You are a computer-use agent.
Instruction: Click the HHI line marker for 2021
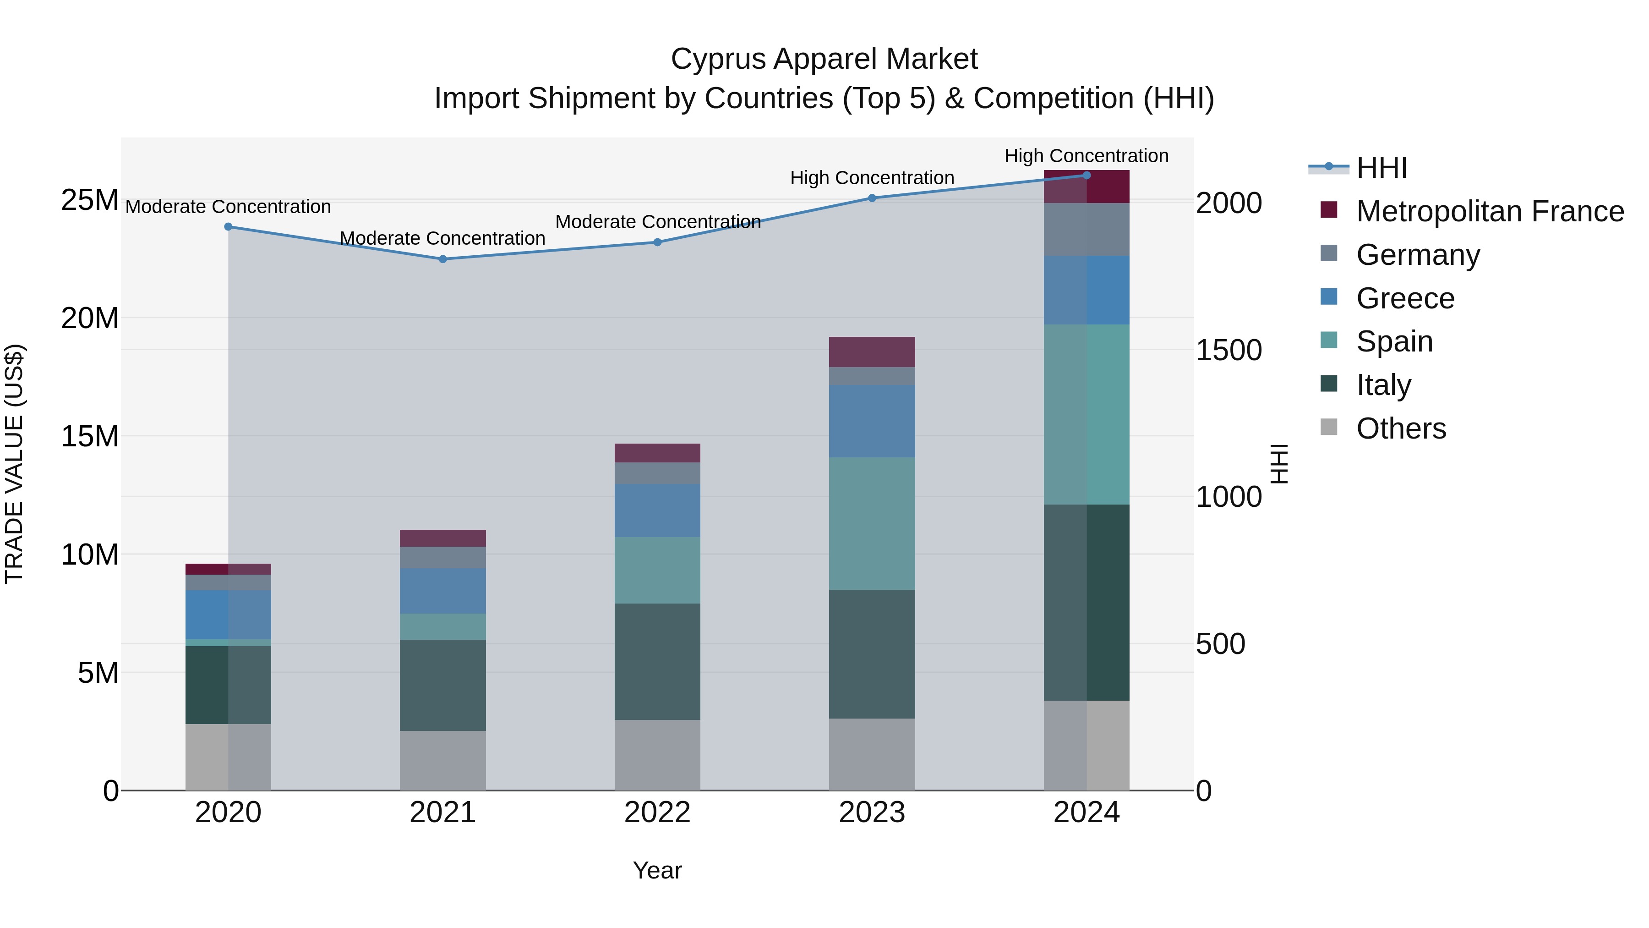(x=442, y=259)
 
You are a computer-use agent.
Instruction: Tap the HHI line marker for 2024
(x=1087, y=175)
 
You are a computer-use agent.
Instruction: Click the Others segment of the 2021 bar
(x=442, y=760)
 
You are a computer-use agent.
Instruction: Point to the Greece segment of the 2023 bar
(x=872, y=421)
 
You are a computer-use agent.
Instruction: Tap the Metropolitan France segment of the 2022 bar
(x=657, y=453)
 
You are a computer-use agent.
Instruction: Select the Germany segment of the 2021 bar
(x=442, y=557)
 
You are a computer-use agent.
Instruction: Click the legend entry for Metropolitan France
(x=1489, y=211)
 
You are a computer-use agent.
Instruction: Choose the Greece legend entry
(x=1405, y=298)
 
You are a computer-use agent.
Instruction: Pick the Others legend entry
(x=1401, y=428)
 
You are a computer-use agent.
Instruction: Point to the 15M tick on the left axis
(x=90, y=437)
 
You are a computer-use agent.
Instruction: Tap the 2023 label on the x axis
(x=872, y=813)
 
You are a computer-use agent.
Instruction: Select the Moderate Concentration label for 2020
(x=228, y=207)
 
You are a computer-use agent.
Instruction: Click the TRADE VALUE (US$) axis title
(x=14, y=464)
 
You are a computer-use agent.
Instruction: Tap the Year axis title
(x=657, y=870)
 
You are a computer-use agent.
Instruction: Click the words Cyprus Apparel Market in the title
(x=824, y=59)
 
